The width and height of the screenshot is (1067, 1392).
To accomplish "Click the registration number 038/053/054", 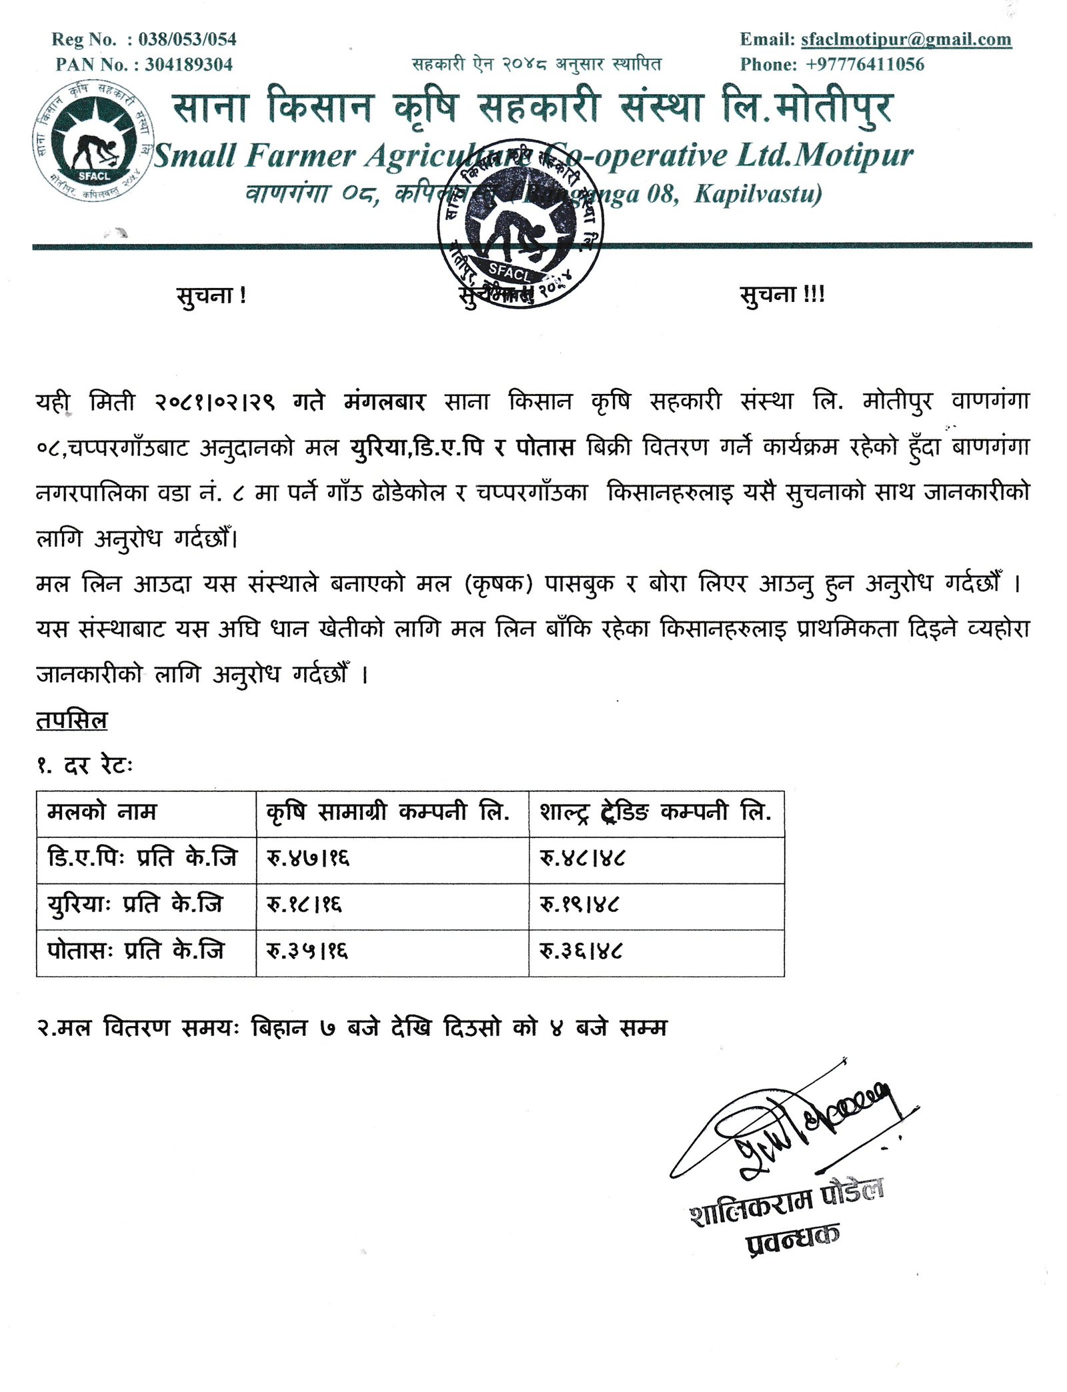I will [x=187, y=39].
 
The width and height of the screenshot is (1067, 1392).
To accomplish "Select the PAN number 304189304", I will [x=189, y=65].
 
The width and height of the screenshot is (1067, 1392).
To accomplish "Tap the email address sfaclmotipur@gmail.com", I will [x=906, y=39].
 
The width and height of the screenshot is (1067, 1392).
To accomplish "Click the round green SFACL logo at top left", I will [x=93, y=142].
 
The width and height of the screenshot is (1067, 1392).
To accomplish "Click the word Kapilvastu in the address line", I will [x=758, y=194].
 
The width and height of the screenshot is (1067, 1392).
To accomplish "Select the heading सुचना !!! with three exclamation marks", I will [x=782, y=295].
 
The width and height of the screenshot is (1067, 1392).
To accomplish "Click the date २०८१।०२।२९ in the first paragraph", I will [x=215, y=402].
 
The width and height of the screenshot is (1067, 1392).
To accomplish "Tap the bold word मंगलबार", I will [x=385, y=402].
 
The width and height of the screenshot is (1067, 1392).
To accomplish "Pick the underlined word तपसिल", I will [x=71, y=721].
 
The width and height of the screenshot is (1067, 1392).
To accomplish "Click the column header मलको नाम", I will [x=102, y=812].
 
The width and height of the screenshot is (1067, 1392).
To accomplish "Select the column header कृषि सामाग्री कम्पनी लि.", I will [x=387, y=812].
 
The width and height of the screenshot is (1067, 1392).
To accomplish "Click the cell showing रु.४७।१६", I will [x=308, y=859].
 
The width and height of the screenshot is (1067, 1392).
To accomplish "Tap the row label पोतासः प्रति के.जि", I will [x=135, y=951].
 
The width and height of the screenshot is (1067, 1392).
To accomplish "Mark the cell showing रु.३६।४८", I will [x=580, y=951].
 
